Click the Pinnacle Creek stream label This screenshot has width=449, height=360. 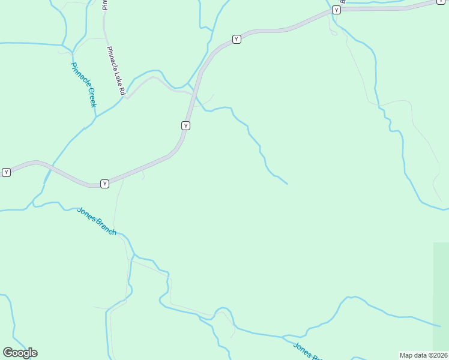(83, 85)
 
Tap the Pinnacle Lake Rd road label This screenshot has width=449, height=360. (115, 71)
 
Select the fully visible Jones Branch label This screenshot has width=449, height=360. (97, 221)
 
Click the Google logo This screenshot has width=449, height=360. (20, 353)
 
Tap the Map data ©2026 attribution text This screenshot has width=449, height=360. (424, 355)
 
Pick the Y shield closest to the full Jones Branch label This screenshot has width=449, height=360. (104, 184)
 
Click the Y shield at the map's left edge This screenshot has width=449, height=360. (6, 172)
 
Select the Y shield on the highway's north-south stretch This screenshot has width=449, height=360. (186, 125)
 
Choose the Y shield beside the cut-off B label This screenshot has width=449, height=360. (336, 10)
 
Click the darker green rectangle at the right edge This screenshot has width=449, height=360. (441, 297)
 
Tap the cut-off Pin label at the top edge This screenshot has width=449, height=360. (104, 5)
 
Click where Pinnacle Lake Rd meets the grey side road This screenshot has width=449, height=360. (125, 97)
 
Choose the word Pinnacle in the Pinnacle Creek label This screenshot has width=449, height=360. (79, 74)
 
